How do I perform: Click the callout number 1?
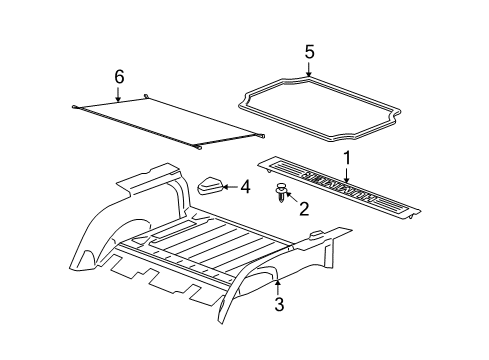tap(347, 158)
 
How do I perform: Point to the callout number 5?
tap(309, 52)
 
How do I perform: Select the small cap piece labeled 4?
tap(210, 185)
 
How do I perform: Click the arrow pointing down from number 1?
tap(347, 174)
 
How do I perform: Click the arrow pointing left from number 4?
tap(230, 185)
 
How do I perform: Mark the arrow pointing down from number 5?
tap(309, 70)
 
